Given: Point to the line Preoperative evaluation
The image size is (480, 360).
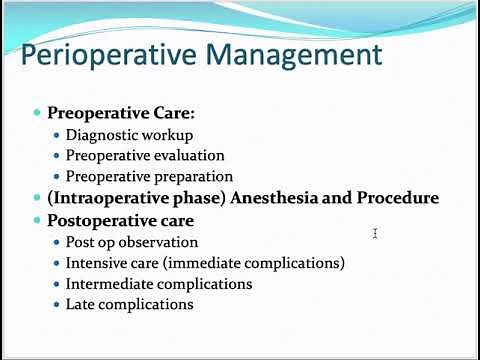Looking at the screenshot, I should coord(145,155).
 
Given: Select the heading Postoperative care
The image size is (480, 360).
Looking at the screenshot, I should coord(106,220).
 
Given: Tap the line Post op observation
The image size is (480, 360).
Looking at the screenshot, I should coord(132,242).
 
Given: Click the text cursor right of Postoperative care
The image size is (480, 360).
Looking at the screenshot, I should coord(375,233).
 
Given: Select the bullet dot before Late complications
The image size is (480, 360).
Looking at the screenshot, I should coord(57,305).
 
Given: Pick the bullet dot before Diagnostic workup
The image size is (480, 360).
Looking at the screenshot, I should coord(57,134).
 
